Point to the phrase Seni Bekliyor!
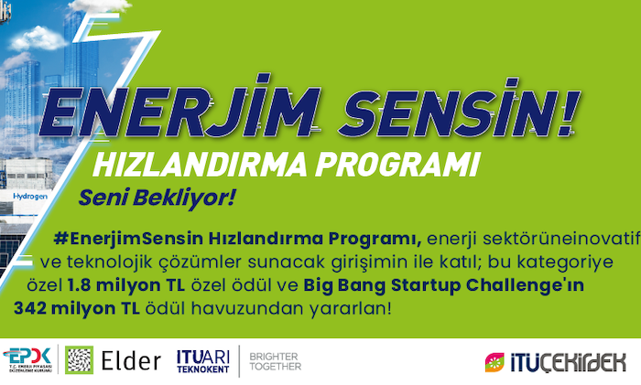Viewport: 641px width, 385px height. pos(158,198)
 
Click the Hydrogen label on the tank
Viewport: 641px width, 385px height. pos(30,197)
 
